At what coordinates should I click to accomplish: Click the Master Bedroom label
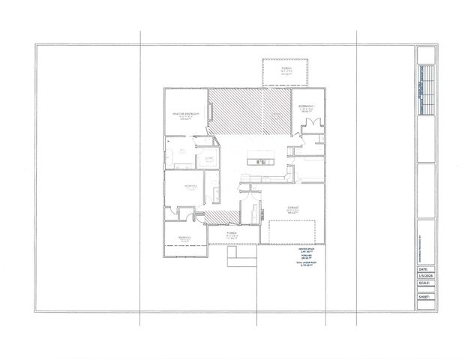tap(185, 114)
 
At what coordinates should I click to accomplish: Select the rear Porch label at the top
tap(286, 69)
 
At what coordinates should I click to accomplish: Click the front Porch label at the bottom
tap(232, 234)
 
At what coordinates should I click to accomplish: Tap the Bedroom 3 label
tap(184, 238)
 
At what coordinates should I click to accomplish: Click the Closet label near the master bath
tap(209, 159)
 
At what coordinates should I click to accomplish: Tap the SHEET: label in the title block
tap(425, 297)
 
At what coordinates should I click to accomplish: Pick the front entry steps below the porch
tap(242, 256)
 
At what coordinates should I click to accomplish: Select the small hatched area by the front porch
tap(223, 217)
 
